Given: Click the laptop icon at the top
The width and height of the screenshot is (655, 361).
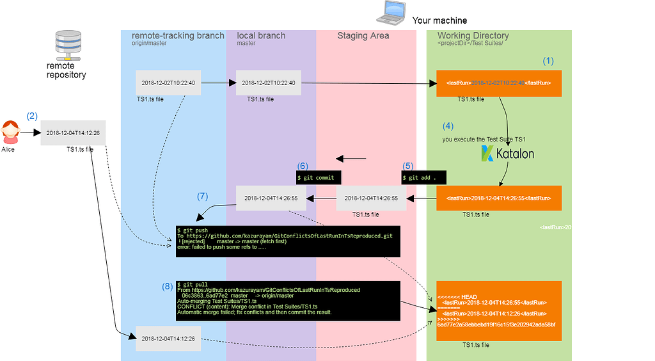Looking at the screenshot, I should click(390, 13).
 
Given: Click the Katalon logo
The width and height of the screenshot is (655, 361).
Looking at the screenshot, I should click(507, 154).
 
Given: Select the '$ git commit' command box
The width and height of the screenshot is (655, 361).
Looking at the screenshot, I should click(319, 176).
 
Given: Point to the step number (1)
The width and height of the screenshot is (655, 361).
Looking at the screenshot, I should click(548, 61).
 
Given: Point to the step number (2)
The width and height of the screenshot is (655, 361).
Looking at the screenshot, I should click(32, 116).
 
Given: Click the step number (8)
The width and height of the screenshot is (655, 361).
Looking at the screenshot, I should click(167, 286).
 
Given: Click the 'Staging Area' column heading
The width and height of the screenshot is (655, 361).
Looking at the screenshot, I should click(363, 36).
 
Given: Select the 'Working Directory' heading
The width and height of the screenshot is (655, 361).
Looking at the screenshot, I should click(473, 36).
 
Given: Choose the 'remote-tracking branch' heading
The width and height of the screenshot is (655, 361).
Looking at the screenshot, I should click(178, 36).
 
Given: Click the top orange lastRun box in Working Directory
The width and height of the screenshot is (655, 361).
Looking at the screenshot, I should click(499, 83).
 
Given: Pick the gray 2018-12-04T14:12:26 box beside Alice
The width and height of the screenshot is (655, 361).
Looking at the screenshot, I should click(73, 132).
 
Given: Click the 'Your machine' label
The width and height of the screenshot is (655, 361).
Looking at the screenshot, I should click(439, 20).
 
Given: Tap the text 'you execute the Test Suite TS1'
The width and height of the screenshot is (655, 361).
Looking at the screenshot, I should click(483, 139).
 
